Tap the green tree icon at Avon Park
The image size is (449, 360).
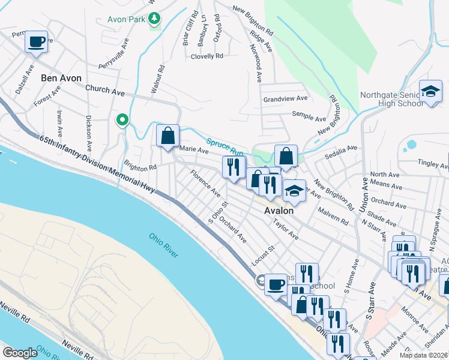(x=155, y=19)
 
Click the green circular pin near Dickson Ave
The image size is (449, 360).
(x=123, y=121)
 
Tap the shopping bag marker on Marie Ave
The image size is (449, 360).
(x=167, y=135)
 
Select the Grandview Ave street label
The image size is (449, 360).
(x=285, y=98)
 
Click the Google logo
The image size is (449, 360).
(x=20, y=353)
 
